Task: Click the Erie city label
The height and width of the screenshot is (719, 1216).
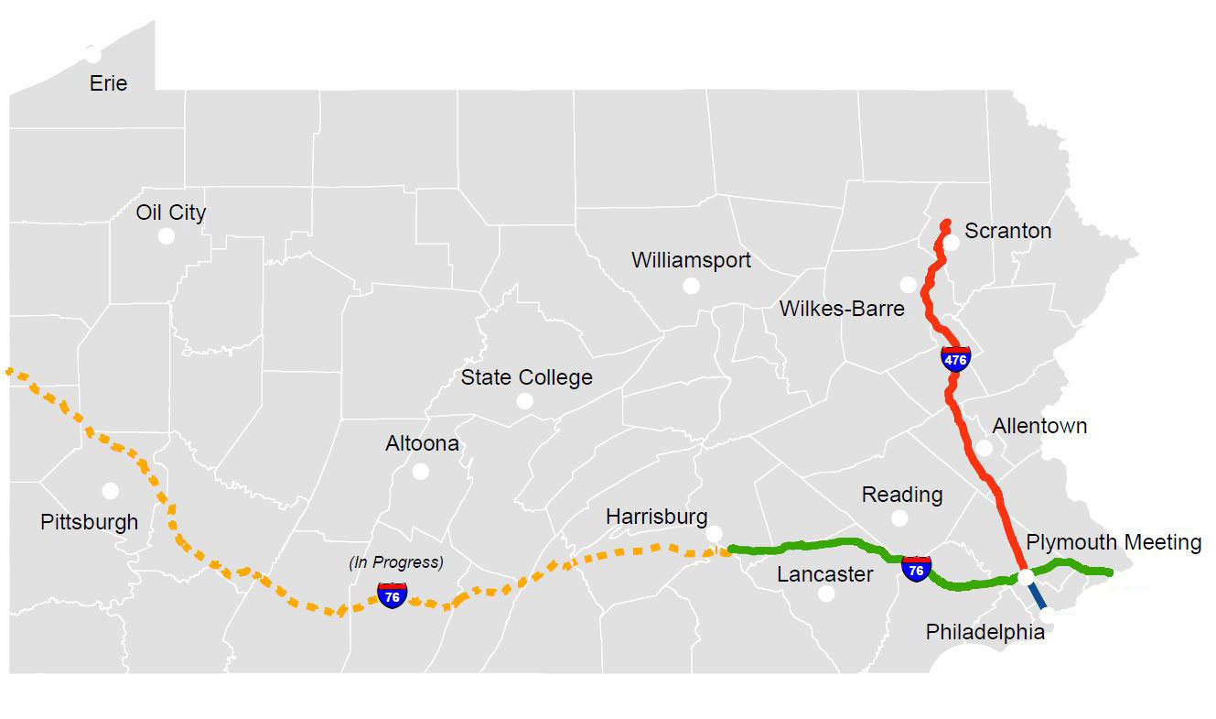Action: pyautogui.click(x=108, y=83)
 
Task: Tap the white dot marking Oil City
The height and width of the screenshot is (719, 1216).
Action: pyautogui.click(x=166, y=235)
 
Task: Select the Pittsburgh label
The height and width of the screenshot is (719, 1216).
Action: pyautogui.click(x=90, y=522)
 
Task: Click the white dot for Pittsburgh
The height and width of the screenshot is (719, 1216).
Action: pyautogui.click(x=111, y=490)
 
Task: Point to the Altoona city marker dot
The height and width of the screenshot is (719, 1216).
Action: pyautogui.click(x=421, y=471)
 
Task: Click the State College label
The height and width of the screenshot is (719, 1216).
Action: pyautogui.click(x=526, y=377)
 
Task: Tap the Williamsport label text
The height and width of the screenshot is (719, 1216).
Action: pyautogui.click(x=691, y=260)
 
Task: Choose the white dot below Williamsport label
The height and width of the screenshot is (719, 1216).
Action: pyautogui.click(x=692, y=286)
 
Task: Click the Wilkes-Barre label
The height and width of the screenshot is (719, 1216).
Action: pyautogui.click(x=842, y=309)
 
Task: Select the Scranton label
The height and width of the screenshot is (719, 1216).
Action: pyautogui.click(x=1007, y=231)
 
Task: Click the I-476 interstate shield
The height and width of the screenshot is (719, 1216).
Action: pyautogui.click(x=955, y=358)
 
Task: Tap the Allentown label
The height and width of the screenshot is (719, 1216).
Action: pyautogui.click(x=1039, y=426)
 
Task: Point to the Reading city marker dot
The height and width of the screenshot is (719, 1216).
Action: pyautogui.click(x=899, y=517)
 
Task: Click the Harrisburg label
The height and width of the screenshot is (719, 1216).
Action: pyautogui.click(x=656, y=517)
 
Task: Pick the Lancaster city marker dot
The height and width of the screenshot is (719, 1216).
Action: pyautogui.click(x=826, y=593)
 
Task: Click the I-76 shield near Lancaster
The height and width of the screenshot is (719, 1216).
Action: pyautogui.click(x=916, y=568)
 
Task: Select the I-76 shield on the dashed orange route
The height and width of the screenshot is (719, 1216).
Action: pyautogui.click(x=393, y=595)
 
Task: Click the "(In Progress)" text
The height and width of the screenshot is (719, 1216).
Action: pyautogui.click(x=396, y=562)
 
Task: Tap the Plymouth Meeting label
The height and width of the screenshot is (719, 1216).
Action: pyautogui.click(x=1113, y=542)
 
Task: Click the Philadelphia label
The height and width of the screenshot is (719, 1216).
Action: pyautogui.click(x=985, y=632)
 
